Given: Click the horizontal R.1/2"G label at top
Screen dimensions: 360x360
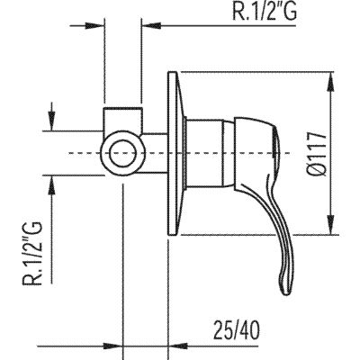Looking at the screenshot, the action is (265, 11).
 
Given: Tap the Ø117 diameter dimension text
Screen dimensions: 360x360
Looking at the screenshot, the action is (318, 153).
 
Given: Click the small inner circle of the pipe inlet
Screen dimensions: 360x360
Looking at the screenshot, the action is (123, 153).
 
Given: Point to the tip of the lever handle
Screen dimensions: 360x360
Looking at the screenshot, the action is (285, 292).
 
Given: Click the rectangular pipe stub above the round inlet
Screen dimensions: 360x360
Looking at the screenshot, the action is (123, 119).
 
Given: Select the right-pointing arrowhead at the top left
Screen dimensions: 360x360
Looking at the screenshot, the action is (94, 25).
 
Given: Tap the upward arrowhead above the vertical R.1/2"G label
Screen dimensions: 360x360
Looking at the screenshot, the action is (51, 184).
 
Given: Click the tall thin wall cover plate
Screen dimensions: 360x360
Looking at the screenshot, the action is (174, 153).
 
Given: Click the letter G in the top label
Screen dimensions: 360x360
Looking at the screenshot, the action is (290, 11).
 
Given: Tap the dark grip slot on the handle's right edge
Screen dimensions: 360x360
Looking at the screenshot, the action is (274, 141).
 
